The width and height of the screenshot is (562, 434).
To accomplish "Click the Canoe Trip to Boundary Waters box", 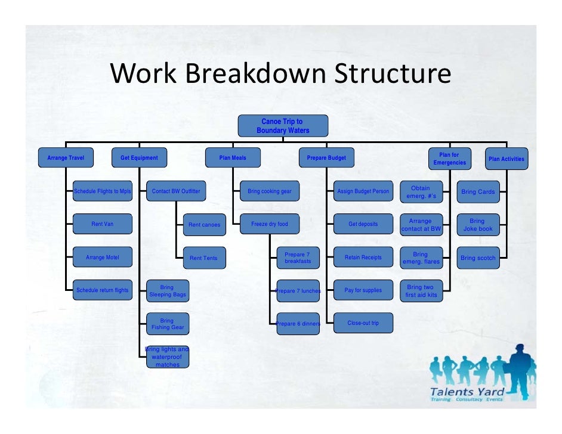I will point(283,126).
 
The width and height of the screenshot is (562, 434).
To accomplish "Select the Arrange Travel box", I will point(66,158).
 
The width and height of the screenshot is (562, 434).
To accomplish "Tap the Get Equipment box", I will point(139,158).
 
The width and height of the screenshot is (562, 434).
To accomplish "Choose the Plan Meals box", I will point(233,158).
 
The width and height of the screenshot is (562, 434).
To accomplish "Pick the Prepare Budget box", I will point(326,158).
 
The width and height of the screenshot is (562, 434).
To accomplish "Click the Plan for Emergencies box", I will point(450,159).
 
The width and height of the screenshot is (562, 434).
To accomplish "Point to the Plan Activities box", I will point(506,159).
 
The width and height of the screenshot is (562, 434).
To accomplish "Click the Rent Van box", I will point(102,224).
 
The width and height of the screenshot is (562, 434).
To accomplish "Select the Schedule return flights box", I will point(102,290).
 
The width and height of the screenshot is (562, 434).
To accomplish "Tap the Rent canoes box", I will point(204,225).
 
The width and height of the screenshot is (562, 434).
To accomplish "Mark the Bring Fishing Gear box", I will point(167,324).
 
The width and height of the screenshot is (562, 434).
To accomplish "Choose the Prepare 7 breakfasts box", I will point(298,258).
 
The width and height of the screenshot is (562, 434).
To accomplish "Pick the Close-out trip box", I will point(363,323).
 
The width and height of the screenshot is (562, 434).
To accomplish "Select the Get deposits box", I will point(363,224).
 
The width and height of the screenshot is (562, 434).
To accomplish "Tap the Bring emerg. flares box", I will point(421,258).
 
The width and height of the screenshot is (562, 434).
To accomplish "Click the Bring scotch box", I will point(478,258).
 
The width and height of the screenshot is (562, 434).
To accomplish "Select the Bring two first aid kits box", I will point(421,291).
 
